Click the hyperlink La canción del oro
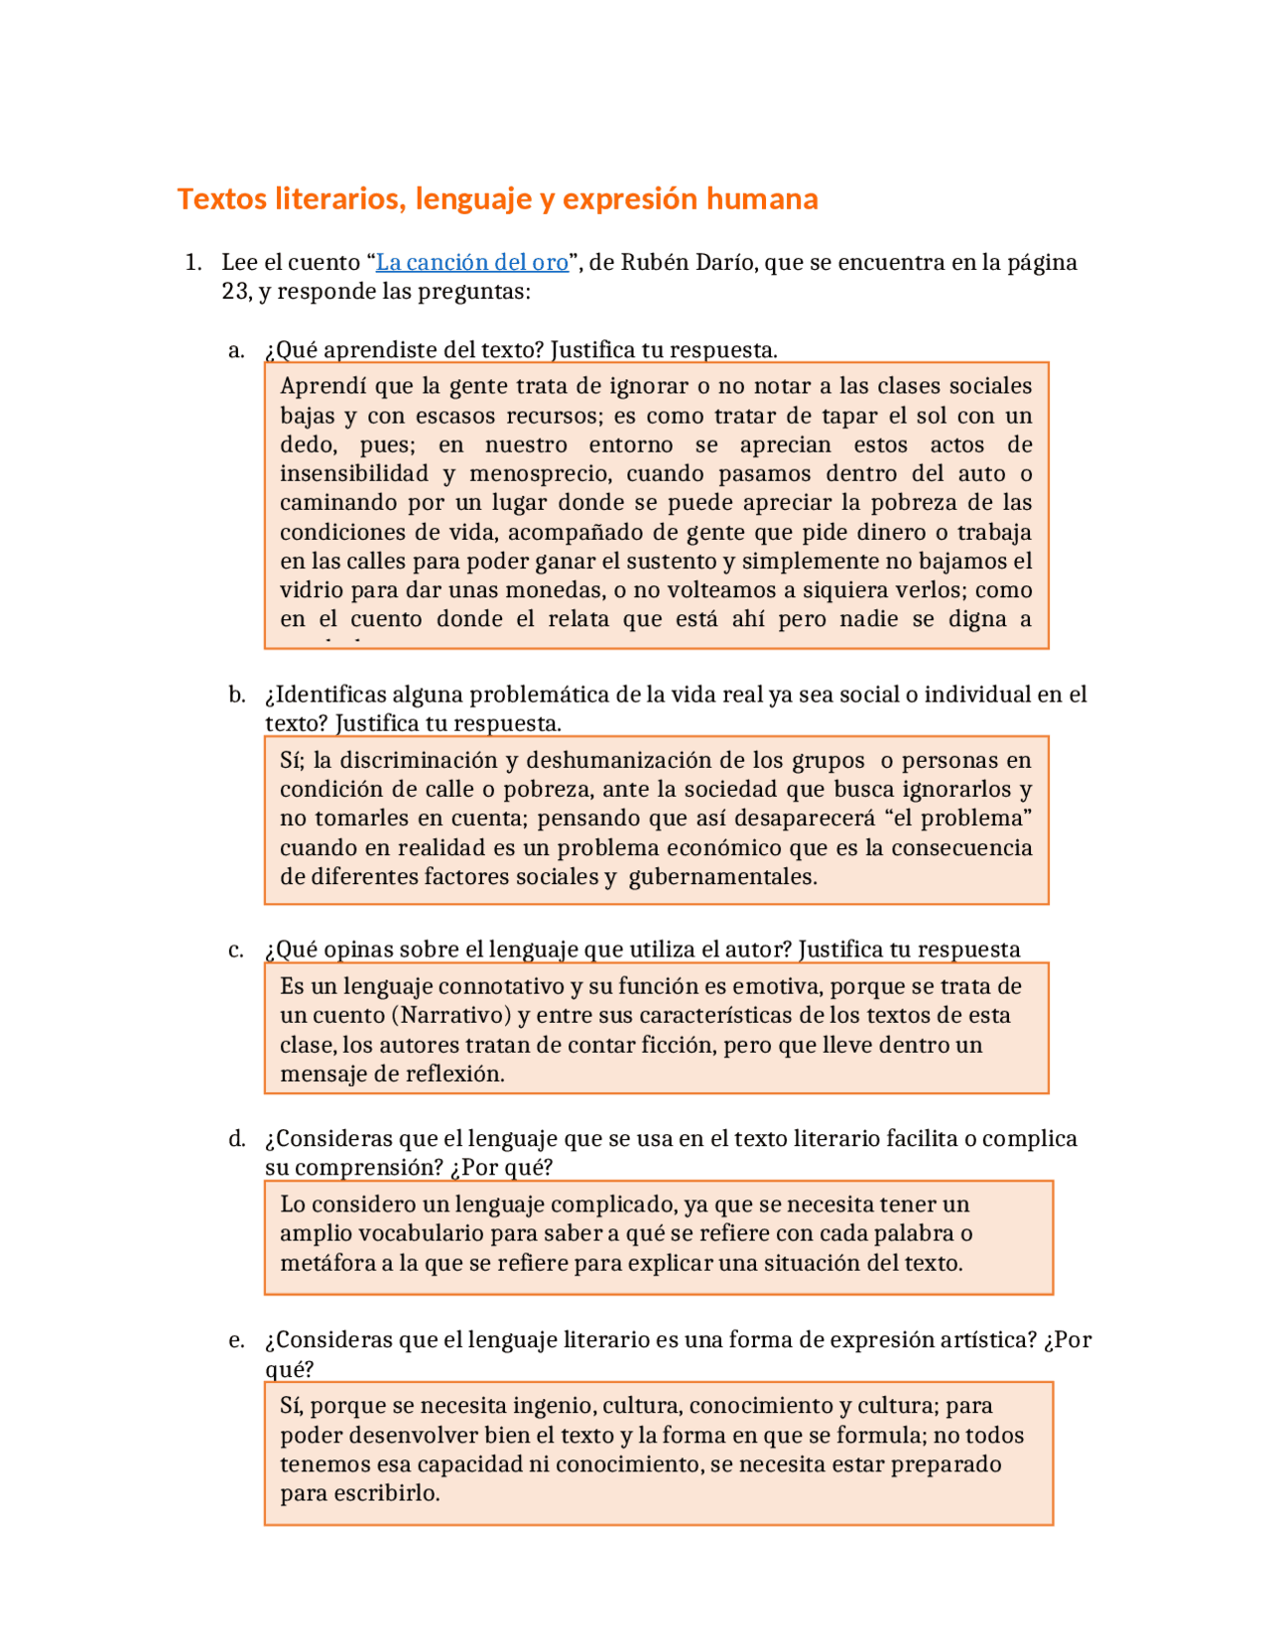pyautogui.click(x=472, y=262)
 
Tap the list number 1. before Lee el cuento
pyautogui.click(x=193, y=262)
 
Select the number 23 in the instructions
pyautogui.click(x=235, y=292)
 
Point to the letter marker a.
pyautogui.click(x=236, y=350)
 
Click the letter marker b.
pyautogui.click(x=236, y=695)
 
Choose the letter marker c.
pyautogui.click(x=236, y=950)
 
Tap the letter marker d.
pyautogui.click(x=236, y=1139)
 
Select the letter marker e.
pyautogui.click(x=236, y=1340)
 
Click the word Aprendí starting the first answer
pyautogui.click(x=323, y=386)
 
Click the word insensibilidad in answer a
pyautogui.click(x=354, y=473)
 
